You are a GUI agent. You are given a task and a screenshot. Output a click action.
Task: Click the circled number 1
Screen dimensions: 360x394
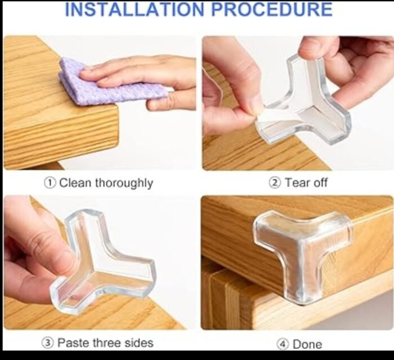click(x=50, y=183)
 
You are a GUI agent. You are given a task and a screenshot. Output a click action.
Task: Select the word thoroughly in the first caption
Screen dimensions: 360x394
click(x=124, y=183)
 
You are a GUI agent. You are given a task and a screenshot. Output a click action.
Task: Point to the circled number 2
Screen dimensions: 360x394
click(x=275, y=183)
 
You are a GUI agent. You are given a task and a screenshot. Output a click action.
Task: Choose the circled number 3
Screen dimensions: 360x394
click(x=48, y=343)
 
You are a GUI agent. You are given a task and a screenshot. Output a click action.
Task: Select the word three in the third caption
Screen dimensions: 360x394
click(x=107, y=343)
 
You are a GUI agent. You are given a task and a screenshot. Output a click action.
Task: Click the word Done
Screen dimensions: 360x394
click(x=307, y=344)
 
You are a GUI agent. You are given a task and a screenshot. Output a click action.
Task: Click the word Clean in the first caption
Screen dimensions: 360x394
click(x=75, y=183)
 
